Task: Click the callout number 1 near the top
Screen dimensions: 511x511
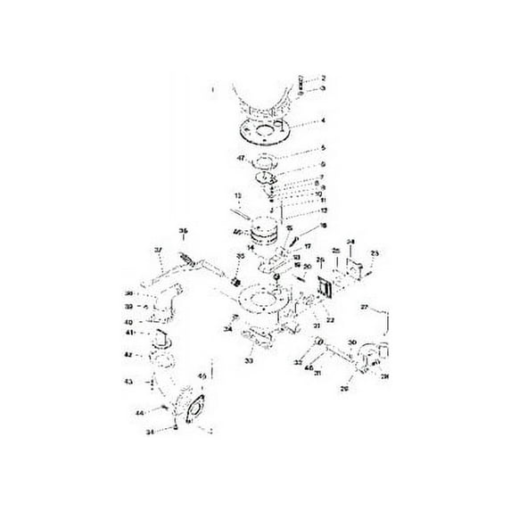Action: (212, 89)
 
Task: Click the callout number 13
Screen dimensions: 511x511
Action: (238, 194)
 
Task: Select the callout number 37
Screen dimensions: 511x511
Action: (158, 249)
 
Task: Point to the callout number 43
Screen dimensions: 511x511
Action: (128, 382)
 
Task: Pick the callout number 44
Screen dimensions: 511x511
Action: (139, 414)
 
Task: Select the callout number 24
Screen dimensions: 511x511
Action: (350, 242)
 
